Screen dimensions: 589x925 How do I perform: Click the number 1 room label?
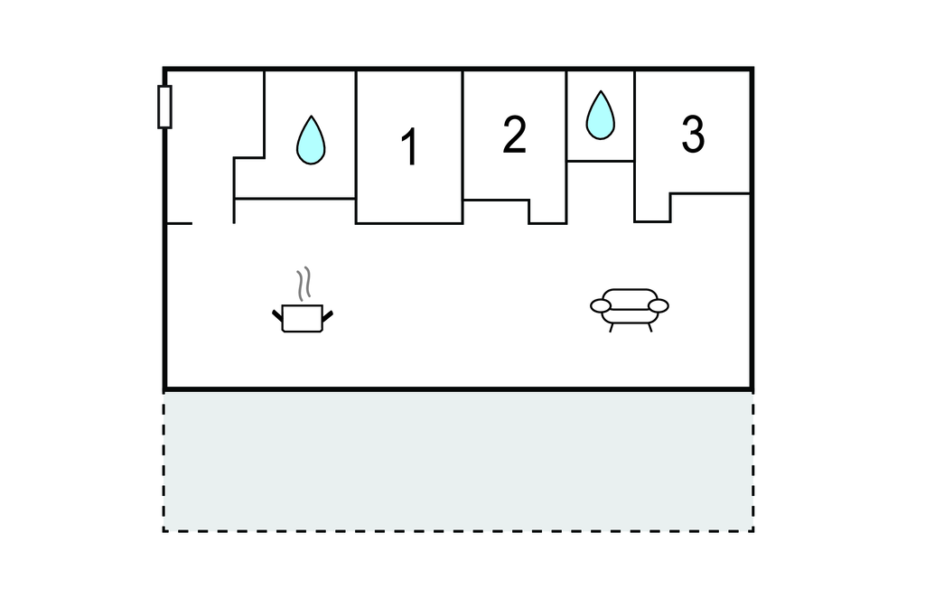click(409, 147)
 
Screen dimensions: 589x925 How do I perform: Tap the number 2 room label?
click(514, 135)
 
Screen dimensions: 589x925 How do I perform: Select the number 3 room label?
click(692, 135)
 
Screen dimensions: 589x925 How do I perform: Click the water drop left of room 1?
click(311, 140)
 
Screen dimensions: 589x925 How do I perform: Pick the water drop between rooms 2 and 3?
click(600, 116)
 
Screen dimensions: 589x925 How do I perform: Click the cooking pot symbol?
click(303, 317)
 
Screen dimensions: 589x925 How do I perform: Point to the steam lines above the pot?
click(306, 283)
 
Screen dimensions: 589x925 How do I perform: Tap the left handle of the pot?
click(277, 315)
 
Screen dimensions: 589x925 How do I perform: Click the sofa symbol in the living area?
click(630, 307)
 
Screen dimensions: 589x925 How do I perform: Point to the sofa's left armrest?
click(602, 306)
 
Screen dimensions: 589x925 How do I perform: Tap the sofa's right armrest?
click(659, 305)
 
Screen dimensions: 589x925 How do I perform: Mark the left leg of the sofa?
click(612, 327)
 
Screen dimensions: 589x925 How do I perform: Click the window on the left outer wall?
click(164, 107)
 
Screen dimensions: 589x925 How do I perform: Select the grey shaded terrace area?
click(458, 461)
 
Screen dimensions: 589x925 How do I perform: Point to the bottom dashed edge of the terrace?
click(458, 530)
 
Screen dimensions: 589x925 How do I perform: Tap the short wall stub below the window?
click(179, 222)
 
